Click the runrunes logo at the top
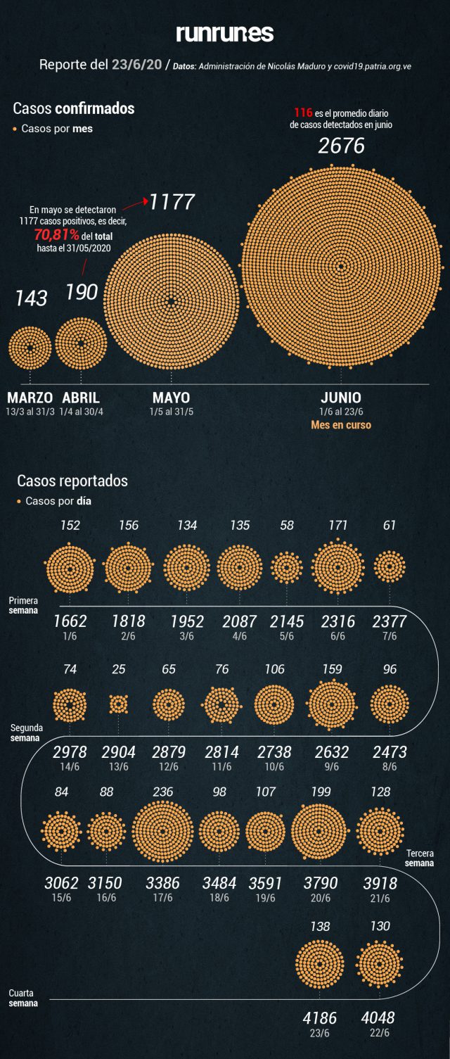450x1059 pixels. tap(225, 33)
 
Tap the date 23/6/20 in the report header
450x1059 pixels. tap(137, 64)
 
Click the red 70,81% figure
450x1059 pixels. tap(56, 235)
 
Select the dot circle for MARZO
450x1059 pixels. tap(30, 348)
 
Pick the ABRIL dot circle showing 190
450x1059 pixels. tap(81, 343)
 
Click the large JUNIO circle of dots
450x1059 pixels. tap(341, 266)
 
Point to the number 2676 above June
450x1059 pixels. tap(342, 146)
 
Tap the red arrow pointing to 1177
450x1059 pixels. tap(136, 204)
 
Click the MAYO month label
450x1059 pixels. tap(171, 398)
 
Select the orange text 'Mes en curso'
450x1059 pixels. tap(341, 425)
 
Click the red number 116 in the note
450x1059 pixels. tap(303, 113)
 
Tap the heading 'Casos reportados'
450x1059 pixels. tap(72, 481)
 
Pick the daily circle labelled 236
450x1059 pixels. tap(163, 832)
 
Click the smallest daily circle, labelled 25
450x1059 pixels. tap(119, 704)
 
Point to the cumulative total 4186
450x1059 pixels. tap(320, 1018)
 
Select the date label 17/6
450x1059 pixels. tap(162, 898)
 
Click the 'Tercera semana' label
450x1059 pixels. tap(419, 858)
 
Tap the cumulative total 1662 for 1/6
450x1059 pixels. tap(70, 621)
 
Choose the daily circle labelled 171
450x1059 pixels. tap(338, 567)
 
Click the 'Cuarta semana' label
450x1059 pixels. tap(23, 998)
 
